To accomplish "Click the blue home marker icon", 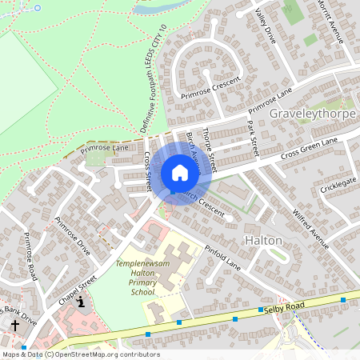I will click(180, 172).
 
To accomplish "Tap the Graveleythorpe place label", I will click(312, 114).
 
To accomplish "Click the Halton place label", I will click(263, 240).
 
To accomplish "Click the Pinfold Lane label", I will click(222, 256).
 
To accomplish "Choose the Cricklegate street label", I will click(338, 187).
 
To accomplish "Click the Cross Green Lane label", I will click(309, 146).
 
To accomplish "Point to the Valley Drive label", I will click(265, 25).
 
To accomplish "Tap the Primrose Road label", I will click(30, 256).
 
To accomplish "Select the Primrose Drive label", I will click(73, 235).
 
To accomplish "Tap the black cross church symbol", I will click(15, 326).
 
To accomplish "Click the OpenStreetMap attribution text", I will click(80, 354).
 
